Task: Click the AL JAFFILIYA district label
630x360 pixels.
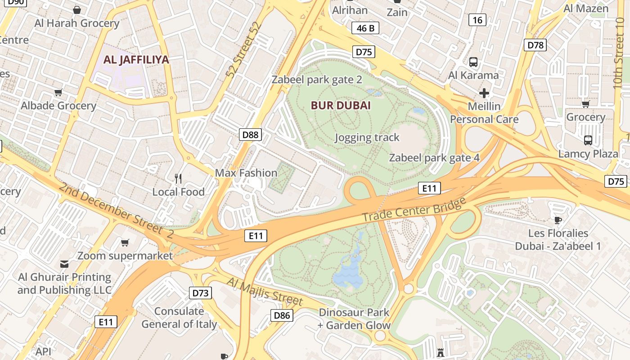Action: (x=136, y=59)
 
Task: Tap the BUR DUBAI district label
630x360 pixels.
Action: (x=341, y=106)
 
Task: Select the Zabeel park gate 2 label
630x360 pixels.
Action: (x=317, y=80)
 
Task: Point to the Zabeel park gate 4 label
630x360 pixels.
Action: (x=434, y=157)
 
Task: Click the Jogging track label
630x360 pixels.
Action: (x=367, y=138)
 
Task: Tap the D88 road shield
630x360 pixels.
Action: (x=250, y=134)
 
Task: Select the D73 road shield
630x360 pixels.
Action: (x=200, y=293)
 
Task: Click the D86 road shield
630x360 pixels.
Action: (x=282, y=315)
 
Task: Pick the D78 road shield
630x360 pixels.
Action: (x=535, y=45)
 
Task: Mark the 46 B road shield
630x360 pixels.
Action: (x=365, y=28)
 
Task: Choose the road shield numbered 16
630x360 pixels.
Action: (x=477, y=20)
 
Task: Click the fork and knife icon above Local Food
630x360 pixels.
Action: (x=178, y=179)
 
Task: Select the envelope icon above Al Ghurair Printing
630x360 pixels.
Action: (x=64, y=264)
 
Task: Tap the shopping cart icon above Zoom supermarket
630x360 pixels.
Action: (x=125, y=243)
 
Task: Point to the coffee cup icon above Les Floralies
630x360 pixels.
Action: (x=558, y=220)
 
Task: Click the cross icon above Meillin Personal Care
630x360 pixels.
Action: (x=484, y=93)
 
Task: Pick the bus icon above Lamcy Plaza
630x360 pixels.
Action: (x=588, y=140)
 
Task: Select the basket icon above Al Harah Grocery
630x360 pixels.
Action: (x=77, y=10)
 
